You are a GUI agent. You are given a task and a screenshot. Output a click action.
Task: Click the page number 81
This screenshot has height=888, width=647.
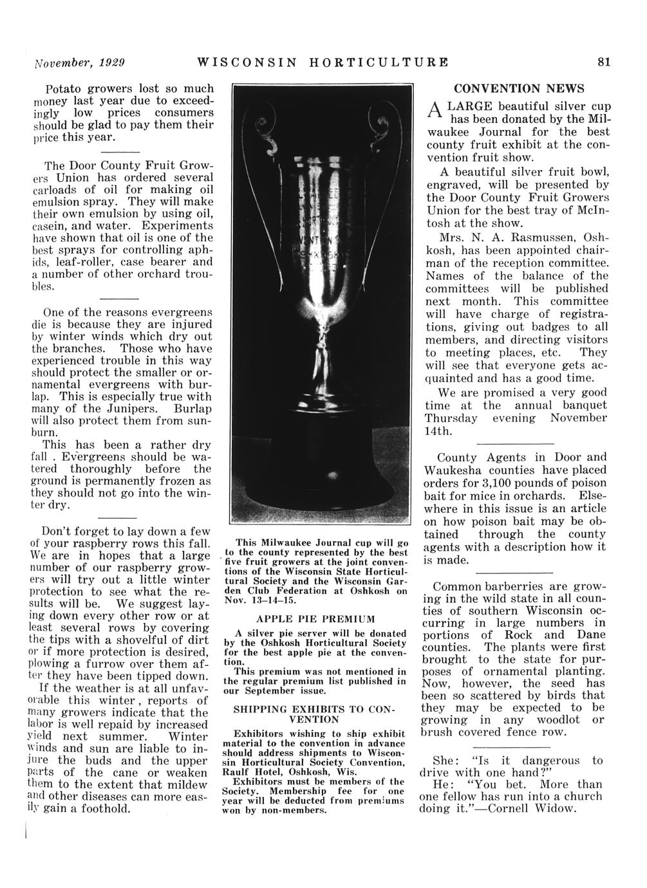[603, 62]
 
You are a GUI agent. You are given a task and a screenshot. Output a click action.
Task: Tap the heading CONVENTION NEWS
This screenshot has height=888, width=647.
[519, 89]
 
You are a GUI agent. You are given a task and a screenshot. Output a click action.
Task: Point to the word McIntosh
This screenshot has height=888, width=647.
[579, 210]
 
